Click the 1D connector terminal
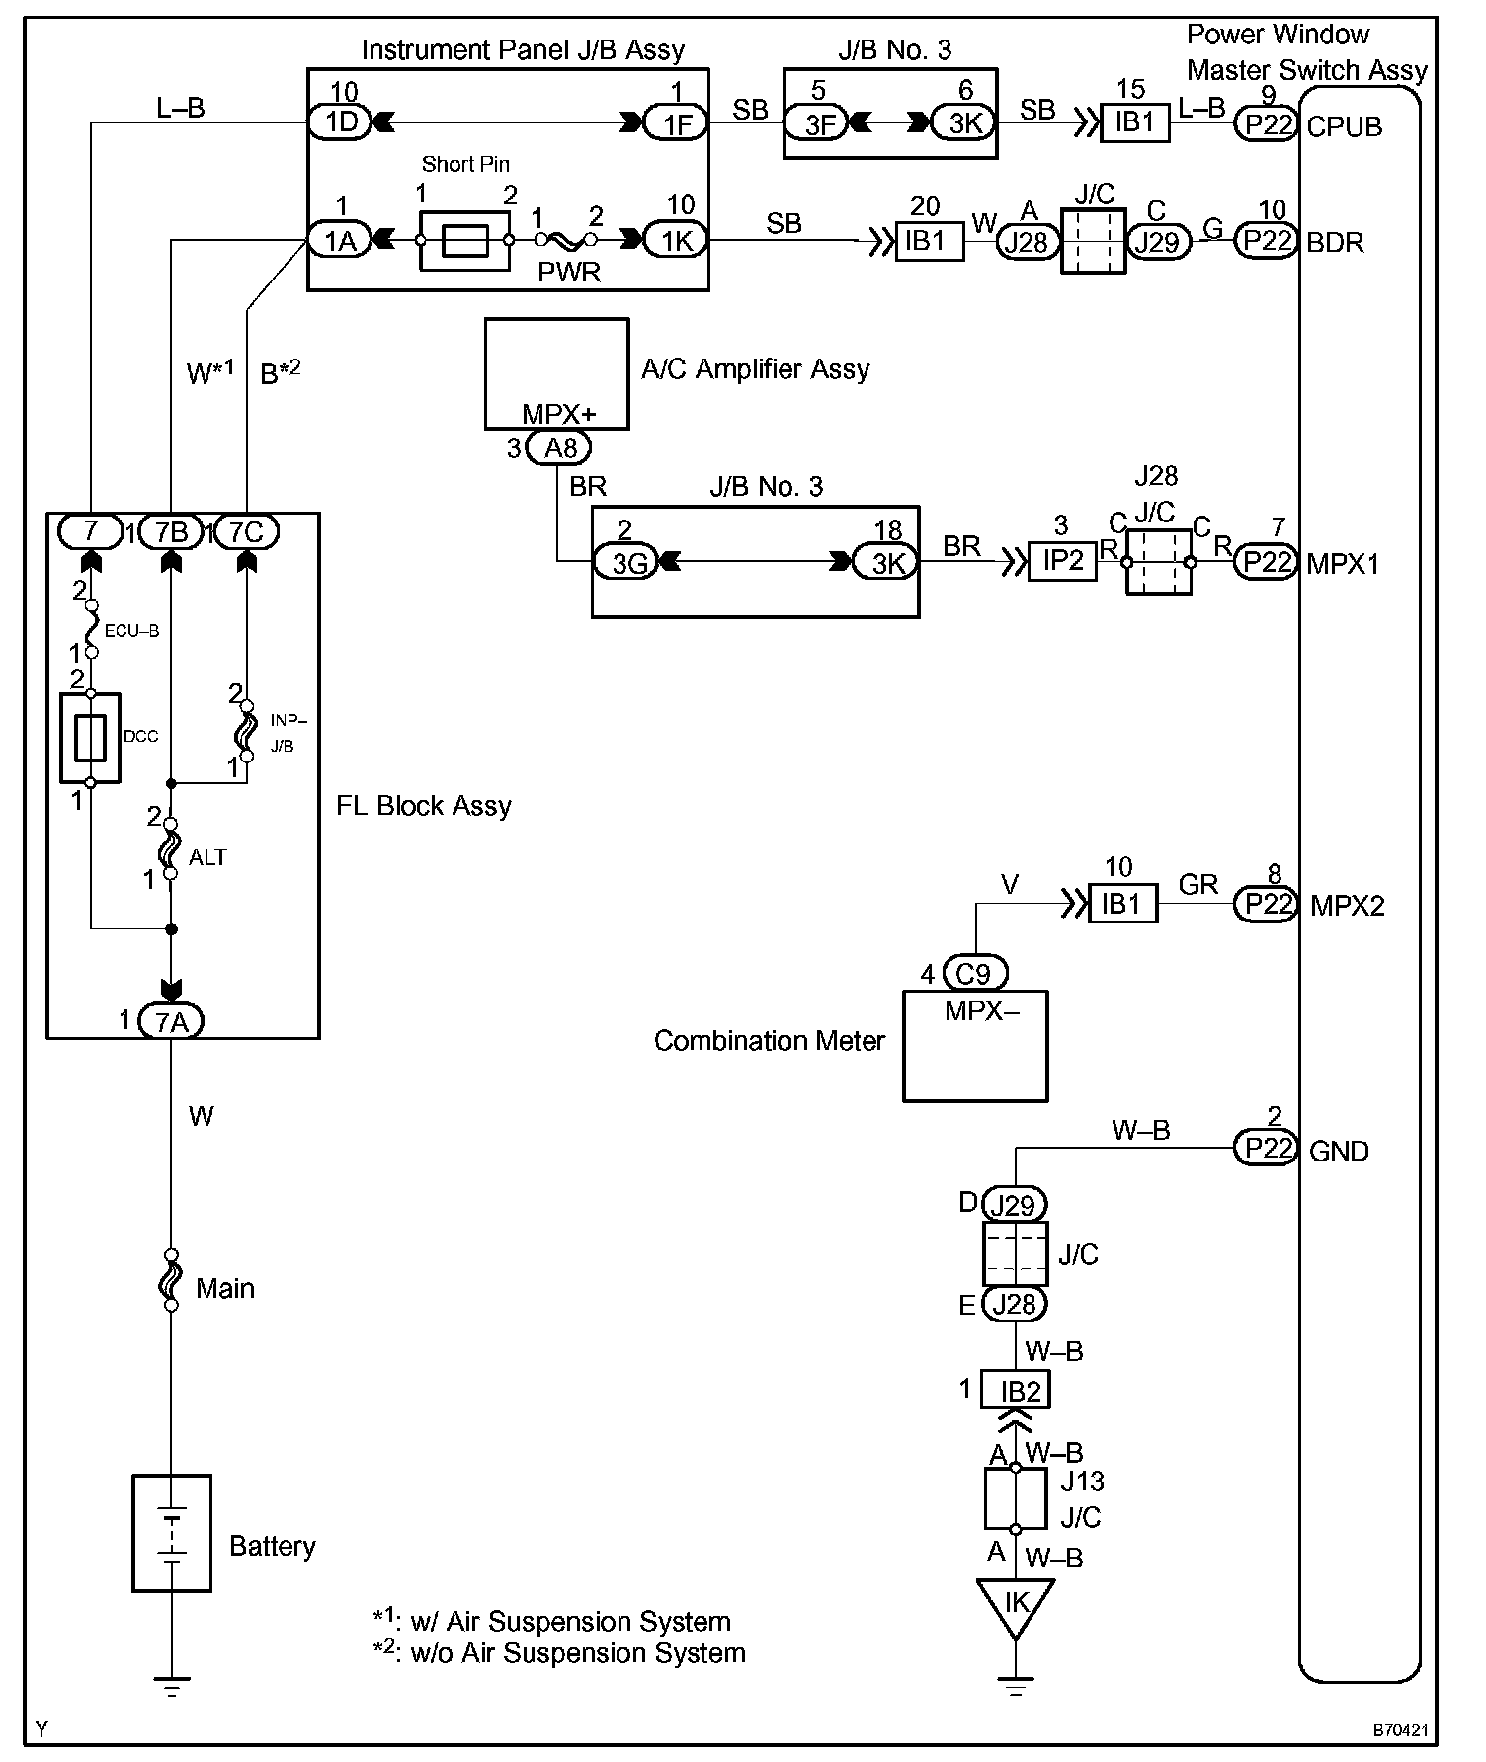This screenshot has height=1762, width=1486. pyautogui.click(x=339, y=122)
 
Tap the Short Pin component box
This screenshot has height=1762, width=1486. pyautogui.click(x=464, y=240)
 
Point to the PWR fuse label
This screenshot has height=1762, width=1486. pyautogui.click(x=568, y=272)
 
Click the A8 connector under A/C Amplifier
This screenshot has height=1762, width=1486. pyautogui.click(x=559, y=448)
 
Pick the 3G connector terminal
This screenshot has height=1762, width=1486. pyautogui.click(x=625, y=563)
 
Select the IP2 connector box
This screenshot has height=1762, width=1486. pyautogui.click(x=1062, y=561)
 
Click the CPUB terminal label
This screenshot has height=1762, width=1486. pyautogui.click(x=1344, y=126)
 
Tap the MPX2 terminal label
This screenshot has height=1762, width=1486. pyautogui.click(x=1347, y=906)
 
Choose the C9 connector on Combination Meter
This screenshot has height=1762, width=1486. pyautogui.click(x=973, y=974)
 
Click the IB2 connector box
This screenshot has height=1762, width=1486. pyautogui.click(x=1015, y=1391)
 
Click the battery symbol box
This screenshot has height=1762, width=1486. pyautogui.click(x=172, y=1533)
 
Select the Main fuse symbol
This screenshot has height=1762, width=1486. pyautogui.click(x=171, y=1280)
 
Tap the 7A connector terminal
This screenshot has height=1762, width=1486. pyautogui.click(x=171, y=1021)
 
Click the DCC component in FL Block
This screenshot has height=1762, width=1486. pyautogui.click(x=90, y=738)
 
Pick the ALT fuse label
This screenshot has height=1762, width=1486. pyautogui.click(x=207, y=857)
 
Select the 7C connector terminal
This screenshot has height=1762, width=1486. pyautogui.click(x=246, y=532)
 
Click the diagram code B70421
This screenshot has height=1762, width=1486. pyautogui.click(x=1400, y=1730)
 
